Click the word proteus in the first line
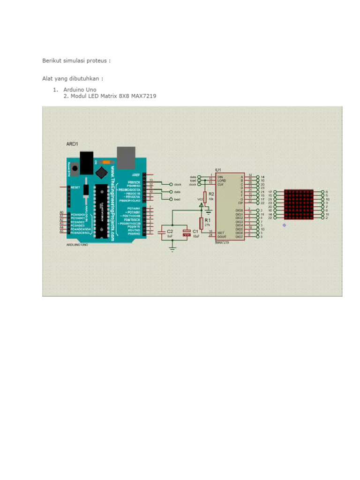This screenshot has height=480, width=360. point(98,60)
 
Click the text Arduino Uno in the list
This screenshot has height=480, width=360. point(80,89)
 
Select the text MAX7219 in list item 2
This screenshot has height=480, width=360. point(145,96)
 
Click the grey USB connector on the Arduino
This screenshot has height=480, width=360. point(126,157)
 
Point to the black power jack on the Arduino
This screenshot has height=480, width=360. point(86,162)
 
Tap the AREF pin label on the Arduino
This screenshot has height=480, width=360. point(136,174)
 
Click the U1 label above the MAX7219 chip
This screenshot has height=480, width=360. point(218,169)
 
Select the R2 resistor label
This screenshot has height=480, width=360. point(211,193)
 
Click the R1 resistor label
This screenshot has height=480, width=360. point(208,220)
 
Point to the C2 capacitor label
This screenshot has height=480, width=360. point(170,232)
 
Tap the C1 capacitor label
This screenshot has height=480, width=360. point(195,232)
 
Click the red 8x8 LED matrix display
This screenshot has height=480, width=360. point(298,204)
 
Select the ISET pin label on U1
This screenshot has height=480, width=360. point(221,232)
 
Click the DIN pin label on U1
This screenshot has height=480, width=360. point(219,176)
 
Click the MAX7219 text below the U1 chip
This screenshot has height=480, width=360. point(221,243)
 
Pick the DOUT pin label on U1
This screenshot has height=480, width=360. point(221,236)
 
